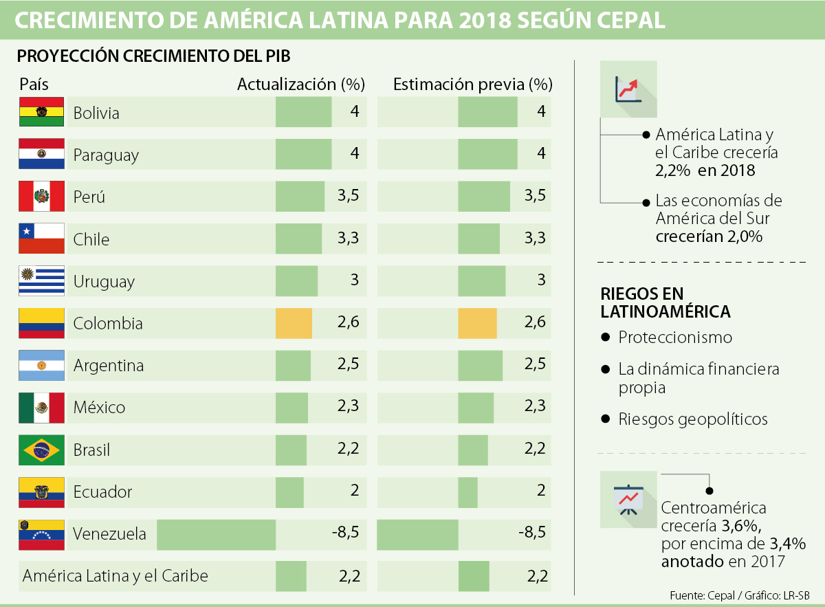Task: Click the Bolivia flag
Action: pos(41,111)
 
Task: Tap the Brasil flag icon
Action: pos(41,450)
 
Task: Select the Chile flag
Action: pos(41,239)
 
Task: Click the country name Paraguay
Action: pos(106,155)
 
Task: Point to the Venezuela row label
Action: pos(109,533)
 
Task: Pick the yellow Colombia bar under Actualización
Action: pos(294,323)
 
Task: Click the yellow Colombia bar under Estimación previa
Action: pos(477,323)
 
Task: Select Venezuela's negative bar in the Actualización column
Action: pos(216,534)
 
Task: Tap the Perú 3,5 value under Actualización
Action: pos(349,197)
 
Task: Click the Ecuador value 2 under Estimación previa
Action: pos(541,491)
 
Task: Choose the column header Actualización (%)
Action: pos(300,85)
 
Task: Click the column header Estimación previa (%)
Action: pos(472,85)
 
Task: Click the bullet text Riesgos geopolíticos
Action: pos(692,419)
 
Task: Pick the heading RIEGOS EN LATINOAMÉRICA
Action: pos(665,302)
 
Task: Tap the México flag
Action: pos(41,407)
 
